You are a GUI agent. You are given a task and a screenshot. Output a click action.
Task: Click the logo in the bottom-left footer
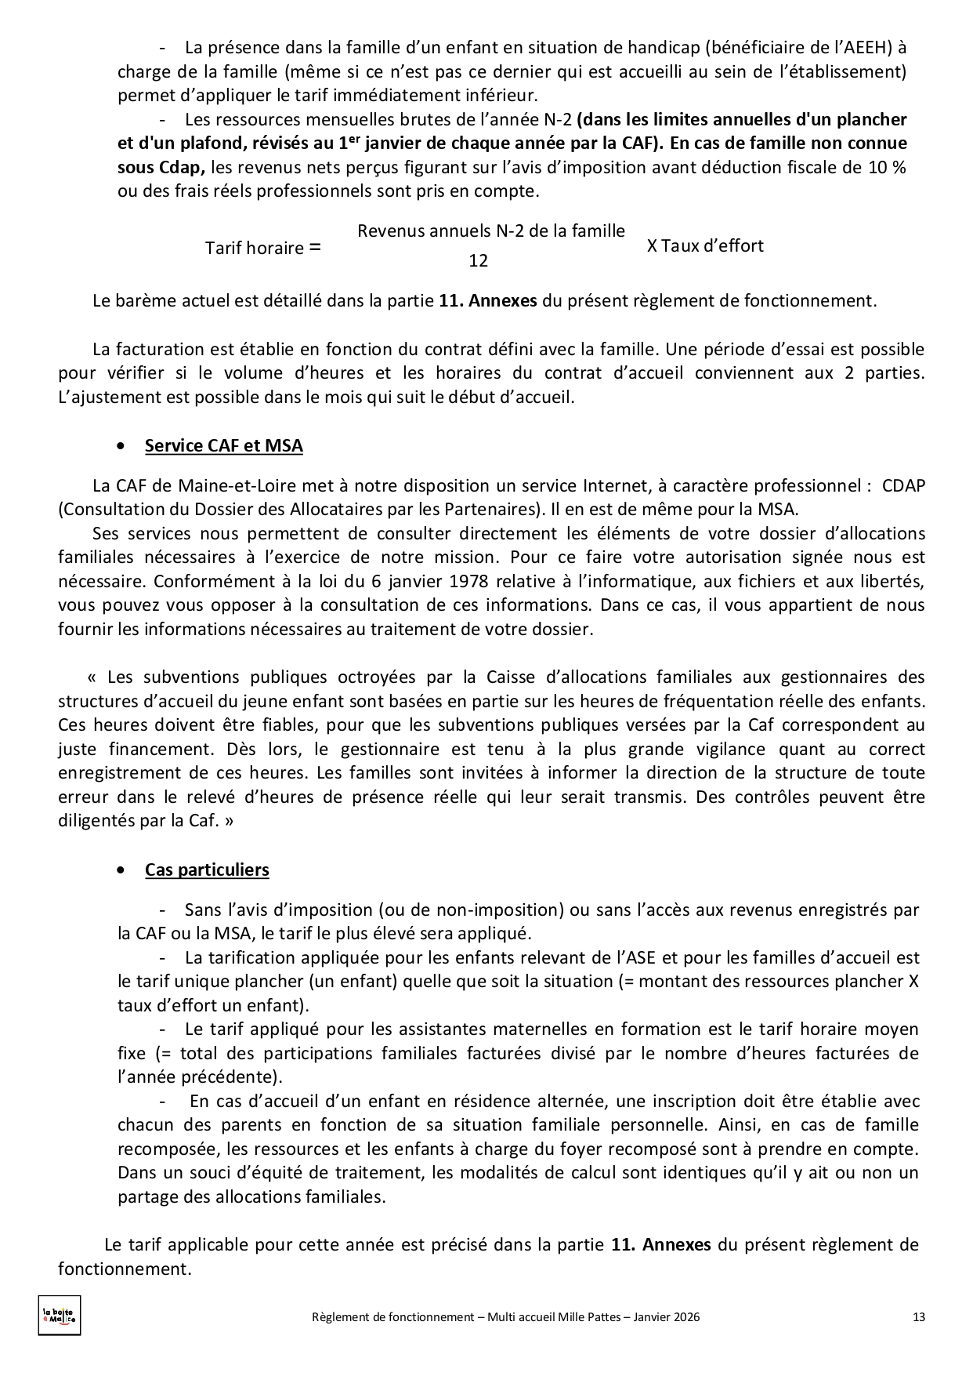[60, 1315]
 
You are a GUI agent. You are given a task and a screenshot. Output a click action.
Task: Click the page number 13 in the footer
[919, 1317]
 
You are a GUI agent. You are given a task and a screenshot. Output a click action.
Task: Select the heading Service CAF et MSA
[223, 446]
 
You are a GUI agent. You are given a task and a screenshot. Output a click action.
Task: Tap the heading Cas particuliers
[207, 870]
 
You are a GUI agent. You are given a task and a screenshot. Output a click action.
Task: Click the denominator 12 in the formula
[478, 261]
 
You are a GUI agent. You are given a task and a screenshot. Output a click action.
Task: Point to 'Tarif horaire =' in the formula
[262, 248]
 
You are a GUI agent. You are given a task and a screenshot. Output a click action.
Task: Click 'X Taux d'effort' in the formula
[705, 246]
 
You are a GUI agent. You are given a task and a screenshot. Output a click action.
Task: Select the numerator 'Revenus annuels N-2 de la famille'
[491, 231]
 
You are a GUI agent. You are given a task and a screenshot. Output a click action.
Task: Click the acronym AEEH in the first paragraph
[865, 48]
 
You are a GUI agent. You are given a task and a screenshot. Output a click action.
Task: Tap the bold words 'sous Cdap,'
[161, 167]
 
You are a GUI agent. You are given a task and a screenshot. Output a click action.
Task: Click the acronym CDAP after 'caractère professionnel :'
[903, 485]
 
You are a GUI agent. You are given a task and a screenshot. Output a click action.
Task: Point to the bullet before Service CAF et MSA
[120, 446]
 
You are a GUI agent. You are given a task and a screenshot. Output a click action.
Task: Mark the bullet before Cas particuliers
[120, 870]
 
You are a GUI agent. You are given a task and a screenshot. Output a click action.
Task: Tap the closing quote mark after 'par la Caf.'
[229, 822]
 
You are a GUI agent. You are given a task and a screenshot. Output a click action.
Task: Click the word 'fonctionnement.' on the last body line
[125, 1269]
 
